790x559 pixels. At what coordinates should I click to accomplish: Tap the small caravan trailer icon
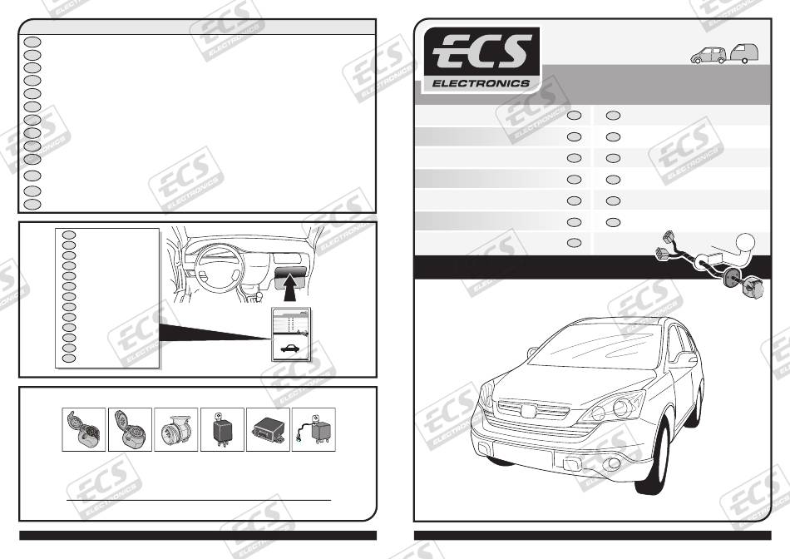(746, 54)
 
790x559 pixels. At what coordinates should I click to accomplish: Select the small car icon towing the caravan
(709, 55)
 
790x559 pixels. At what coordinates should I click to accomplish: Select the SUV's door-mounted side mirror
(686, 360)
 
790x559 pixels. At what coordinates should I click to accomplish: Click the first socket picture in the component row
(84, 430)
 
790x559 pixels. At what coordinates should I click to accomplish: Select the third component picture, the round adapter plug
(176, 430)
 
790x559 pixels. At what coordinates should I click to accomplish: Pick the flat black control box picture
(268, 430)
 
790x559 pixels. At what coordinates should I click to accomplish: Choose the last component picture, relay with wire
(314, 430)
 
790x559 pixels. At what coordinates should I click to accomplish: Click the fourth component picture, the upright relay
(222, 430)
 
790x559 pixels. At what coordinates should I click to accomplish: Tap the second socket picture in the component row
(130, 430)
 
